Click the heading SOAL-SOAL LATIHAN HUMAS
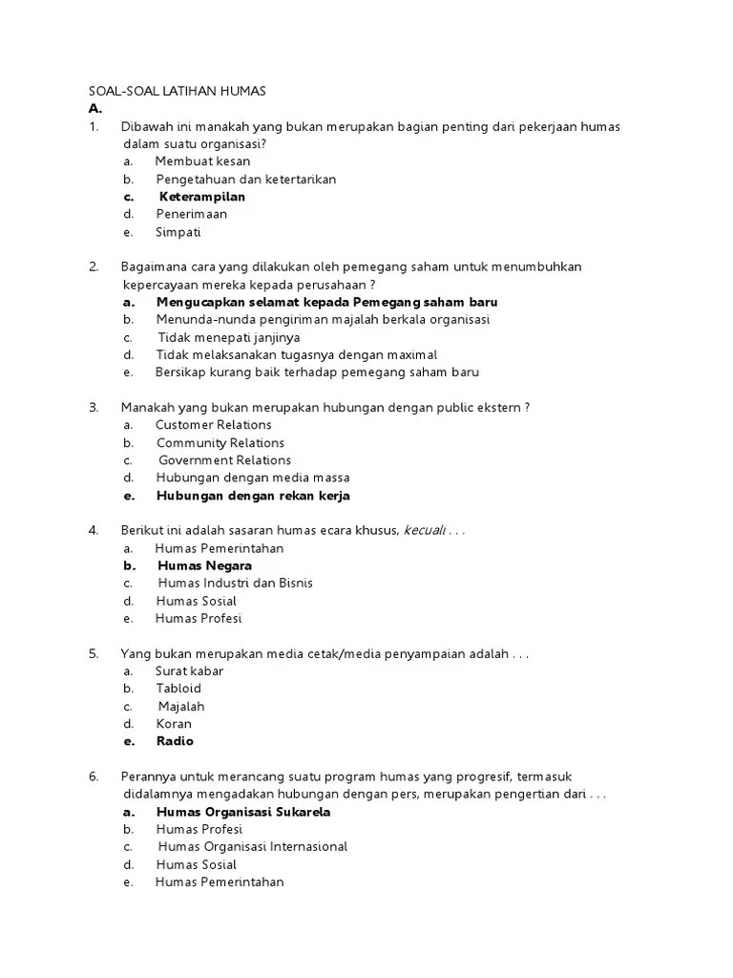tap(177, 91)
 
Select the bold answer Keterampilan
tap(201, 197)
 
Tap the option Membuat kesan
tap(202, 161)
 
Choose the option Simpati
tap(178, 232)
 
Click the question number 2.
tap(94, 266)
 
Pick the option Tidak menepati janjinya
tap(229, 337)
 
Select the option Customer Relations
tap(214, 425)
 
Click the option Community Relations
tap(220, 443)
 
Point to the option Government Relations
tap(225, 460)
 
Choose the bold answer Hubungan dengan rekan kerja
tap(253, 496)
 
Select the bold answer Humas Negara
tap(204, 565)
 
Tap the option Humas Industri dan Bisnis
tap(235, 583)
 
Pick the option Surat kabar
tap(190, 671)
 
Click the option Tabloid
tap(178, 689)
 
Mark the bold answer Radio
tap(175, 741)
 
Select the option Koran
tap(174, 724)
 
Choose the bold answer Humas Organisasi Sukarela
tap(243, 812)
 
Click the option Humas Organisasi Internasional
tap(253, 847)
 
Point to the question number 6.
tap(94, 776)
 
